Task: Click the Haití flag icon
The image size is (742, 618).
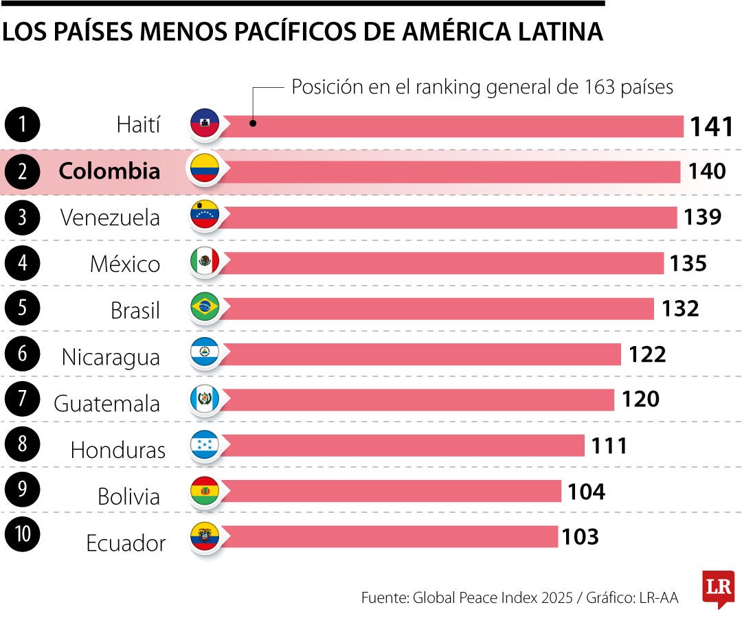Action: [204, 124]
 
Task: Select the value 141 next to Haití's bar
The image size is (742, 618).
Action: [712, 126]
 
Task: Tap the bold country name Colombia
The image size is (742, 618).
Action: [109, 171]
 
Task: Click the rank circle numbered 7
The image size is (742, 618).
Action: [23, 398]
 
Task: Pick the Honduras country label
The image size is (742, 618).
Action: [117, 450]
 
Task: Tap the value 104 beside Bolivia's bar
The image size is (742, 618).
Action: [586, 492]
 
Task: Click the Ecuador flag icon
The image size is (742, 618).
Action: [204, 536]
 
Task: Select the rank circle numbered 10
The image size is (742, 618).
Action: [23, 535]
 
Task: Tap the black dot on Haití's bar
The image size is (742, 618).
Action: [253, 124]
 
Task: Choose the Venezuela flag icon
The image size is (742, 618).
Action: [204, 216]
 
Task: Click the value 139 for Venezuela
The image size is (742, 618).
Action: [702, 217]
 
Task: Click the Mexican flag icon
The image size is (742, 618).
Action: [204, 261]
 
